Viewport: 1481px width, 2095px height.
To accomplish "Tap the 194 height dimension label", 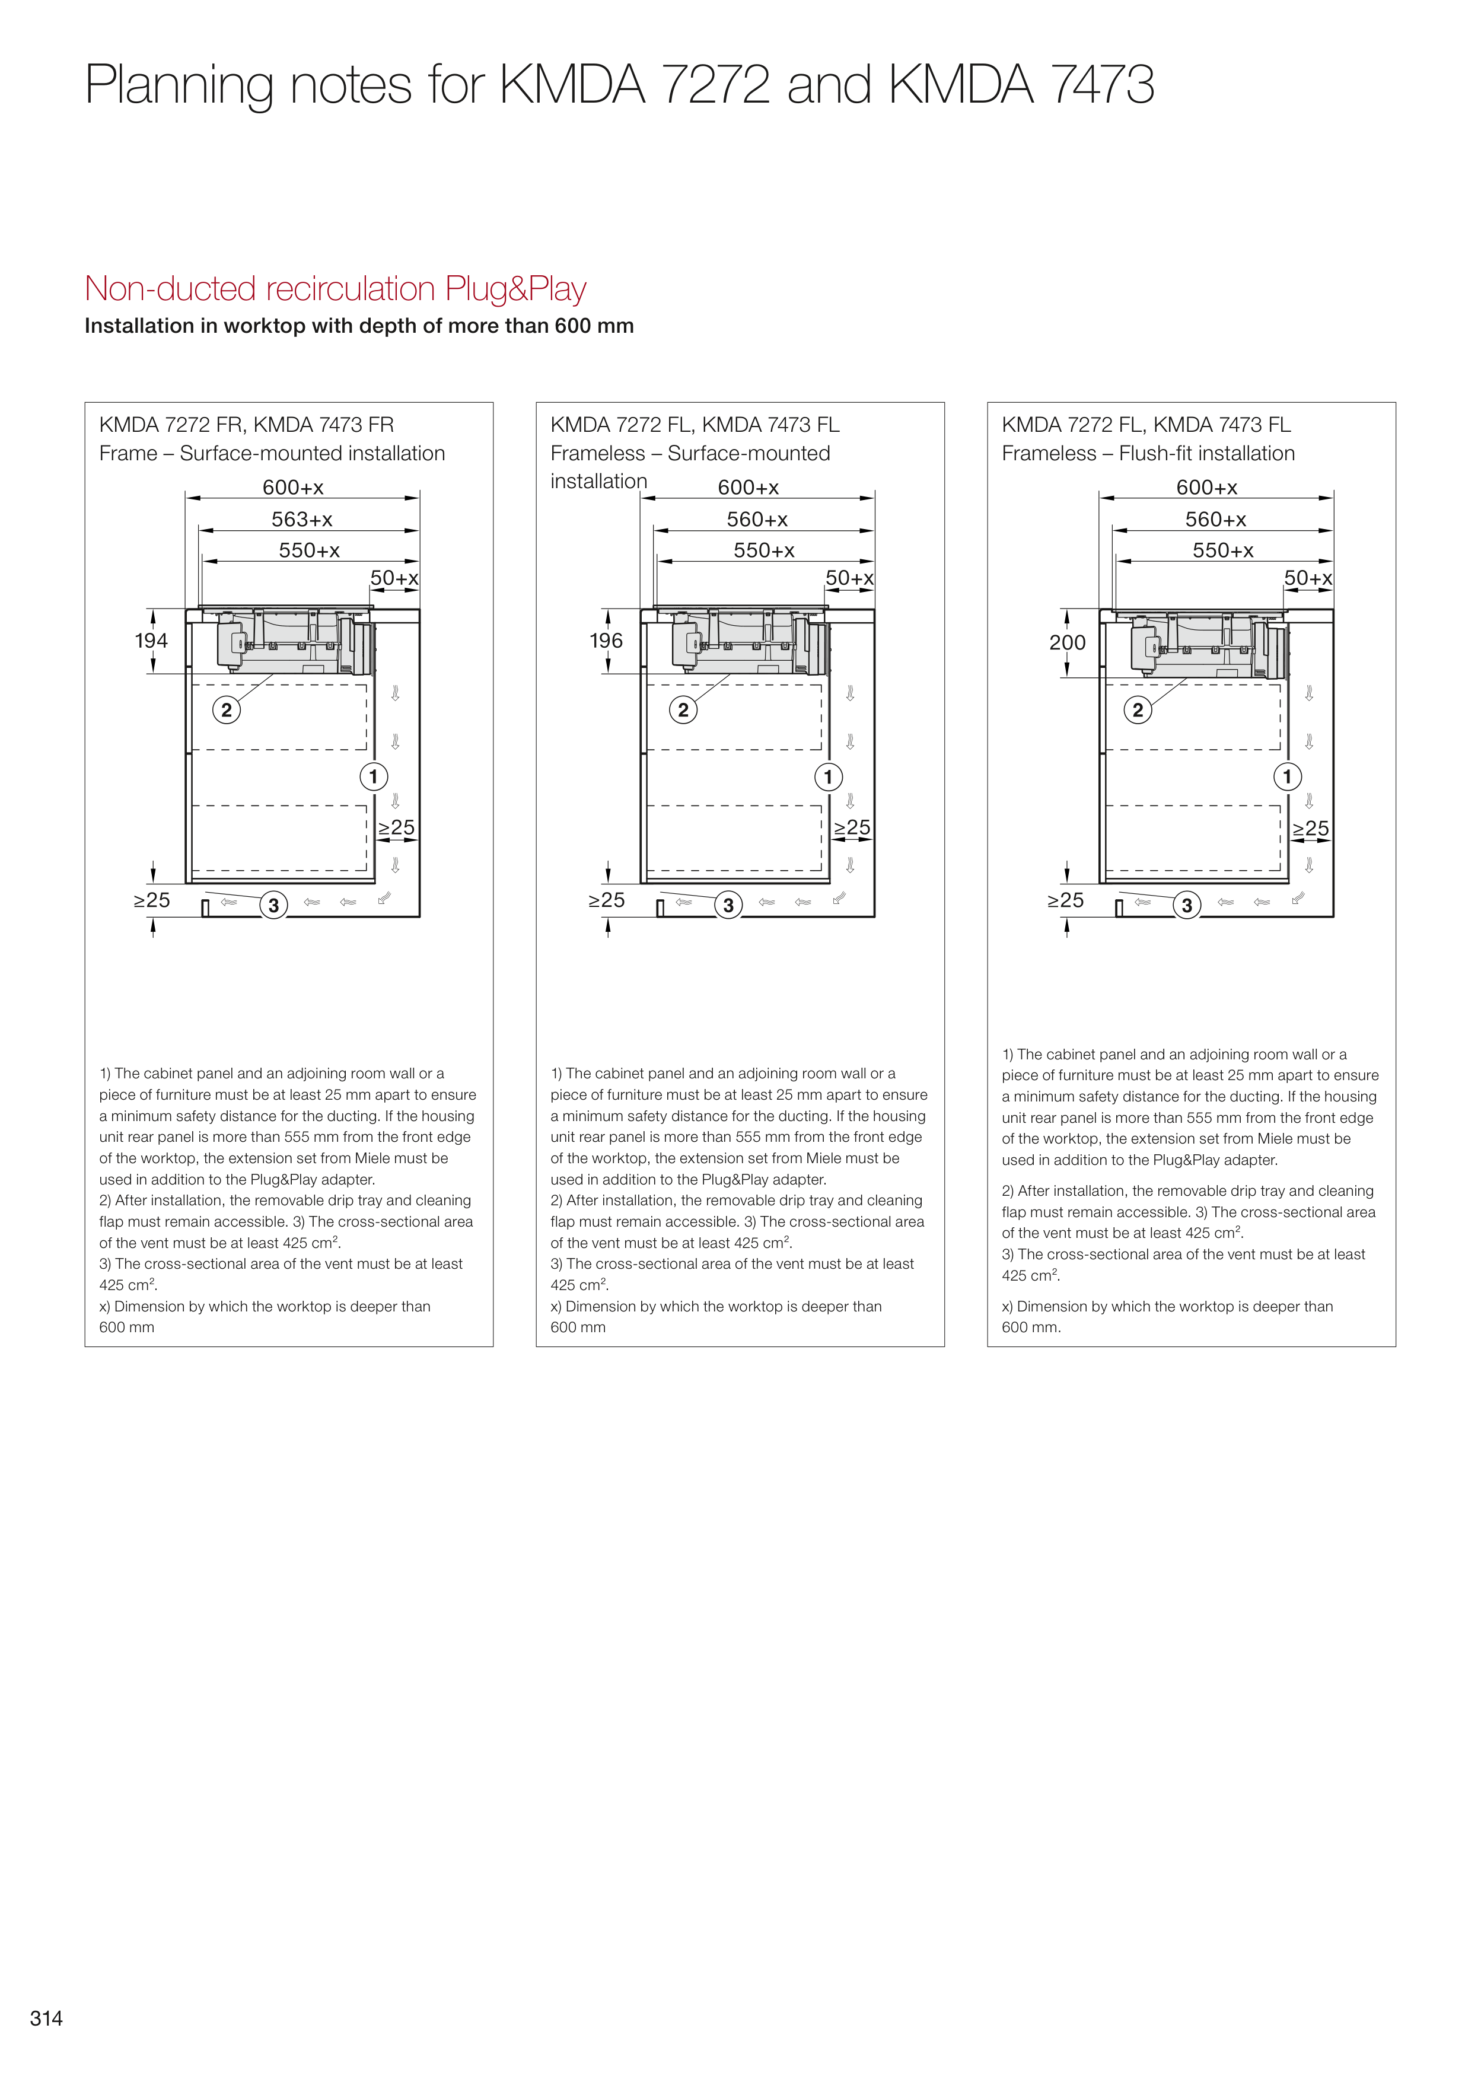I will (151, 641).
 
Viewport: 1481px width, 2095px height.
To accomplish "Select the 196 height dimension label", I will (606, 641).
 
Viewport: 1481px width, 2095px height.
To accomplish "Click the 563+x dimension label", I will (302, 519).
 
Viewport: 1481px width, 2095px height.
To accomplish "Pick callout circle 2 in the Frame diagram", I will (227, 710).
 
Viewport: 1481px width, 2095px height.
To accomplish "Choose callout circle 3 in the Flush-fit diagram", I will (1186, 905).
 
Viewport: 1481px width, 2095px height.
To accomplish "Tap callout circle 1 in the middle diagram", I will (827, 778).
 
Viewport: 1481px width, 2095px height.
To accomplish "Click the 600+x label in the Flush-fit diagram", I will (1206, 487).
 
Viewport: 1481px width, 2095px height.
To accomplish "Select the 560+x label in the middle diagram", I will (757, 519).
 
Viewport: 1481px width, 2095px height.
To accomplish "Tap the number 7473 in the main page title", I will (1103, 85).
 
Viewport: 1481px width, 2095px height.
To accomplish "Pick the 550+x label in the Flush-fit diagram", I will (1223, 550).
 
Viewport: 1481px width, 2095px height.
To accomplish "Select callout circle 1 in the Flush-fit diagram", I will (1286, 778).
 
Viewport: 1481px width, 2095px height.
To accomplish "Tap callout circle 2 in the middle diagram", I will (683, 710).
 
